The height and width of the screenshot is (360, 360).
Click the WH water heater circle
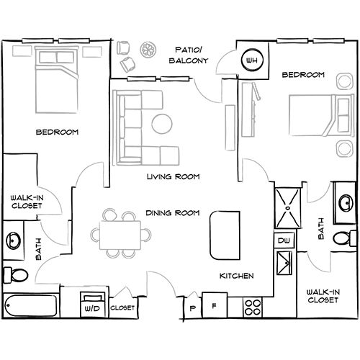252,60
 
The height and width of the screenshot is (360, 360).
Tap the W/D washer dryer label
92,308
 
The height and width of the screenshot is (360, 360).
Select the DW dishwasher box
284,240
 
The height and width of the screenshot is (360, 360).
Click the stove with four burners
253,307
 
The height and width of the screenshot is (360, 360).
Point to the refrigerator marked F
215,305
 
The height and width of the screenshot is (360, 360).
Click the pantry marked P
192,308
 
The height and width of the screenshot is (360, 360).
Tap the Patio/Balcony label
189,55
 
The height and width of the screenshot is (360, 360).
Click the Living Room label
174,177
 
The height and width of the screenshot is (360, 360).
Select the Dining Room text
173,213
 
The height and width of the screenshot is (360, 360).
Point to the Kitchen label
237,276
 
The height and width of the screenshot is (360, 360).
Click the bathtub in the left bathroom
31,305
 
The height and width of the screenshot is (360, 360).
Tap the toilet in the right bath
344,238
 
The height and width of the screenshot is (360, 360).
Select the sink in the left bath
14,240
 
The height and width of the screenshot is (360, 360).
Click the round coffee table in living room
162,124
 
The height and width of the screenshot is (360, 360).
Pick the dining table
120,235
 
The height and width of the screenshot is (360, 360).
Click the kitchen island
225,235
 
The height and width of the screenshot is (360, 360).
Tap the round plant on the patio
148,50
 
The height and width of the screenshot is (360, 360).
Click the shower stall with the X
288,208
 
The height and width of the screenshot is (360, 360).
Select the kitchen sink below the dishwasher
284,263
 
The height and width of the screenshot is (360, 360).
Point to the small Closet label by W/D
122,307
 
